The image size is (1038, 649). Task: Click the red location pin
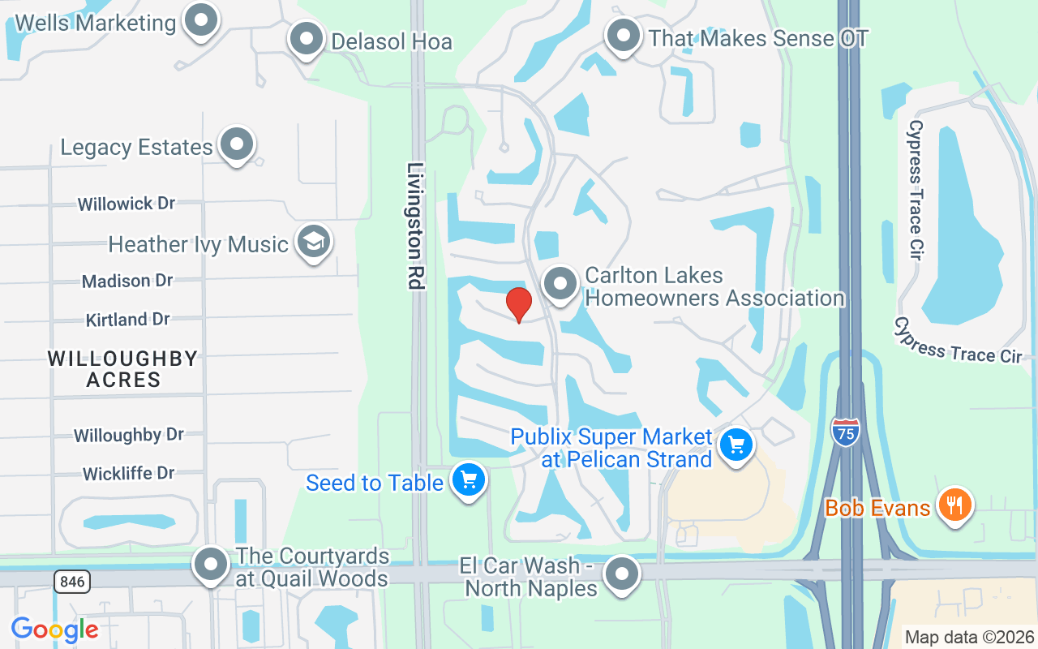pyautogui.click(x=519, y=305)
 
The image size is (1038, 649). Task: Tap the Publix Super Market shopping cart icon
pyautogui.click(x=736, y=445)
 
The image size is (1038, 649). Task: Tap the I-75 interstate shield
pyautogui.click(x=846, y=432)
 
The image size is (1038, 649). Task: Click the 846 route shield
pyautogui.click(x=73, y=581)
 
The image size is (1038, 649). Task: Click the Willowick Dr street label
pyautogui.click(x=127, y=203)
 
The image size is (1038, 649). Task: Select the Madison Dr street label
pyautogui.click(x=127, y=281)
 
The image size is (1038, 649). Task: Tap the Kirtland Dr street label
pyautogui.click(x=127, y=320)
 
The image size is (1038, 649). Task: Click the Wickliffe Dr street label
pyautogui.click(x=128, y=473)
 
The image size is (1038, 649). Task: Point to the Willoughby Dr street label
pyautogui.click(x=128, y=435)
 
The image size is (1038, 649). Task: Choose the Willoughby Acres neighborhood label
pyautogui.click(x=122, y=368)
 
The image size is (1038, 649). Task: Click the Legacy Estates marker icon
pyautogui.click(x=237, y=144)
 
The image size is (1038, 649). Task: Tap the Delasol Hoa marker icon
pyautogui.click(x=307, y=38)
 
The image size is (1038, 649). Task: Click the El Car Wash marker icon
pyautogui.click(x=622, y=574)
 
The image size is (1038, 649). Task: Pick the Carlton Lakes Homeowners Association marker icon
pyautogui.click(x=560, y=283)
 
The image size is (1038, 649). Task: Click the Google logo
pyautogui.click(x=54, y=629)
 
